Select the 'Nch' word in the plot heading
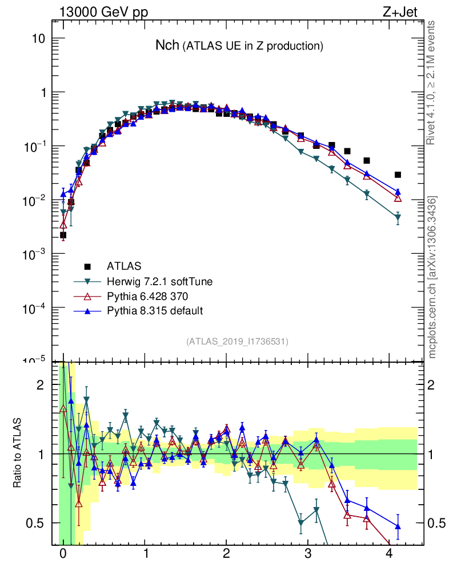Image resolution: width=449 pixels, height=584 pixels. click(x=167, y=45)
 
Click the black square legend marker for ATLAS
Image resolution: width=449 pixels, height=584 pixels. click(x=87, y=266)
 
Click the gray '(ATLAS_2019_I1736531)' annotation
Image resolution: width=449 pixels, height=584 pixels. click(x=237, y=341)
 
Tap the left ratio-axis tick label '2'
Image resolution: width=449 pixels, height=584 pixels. click(x=40, y=385)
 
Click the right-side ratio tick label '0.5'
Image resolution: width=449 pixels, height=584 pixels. click(x=437, y=523)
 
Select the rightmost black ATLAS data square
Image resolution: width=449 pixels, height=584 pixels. click(x=398, y=175)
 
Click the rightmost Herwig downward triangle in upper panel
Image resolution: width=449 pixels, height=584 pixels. click(x=398, y=217)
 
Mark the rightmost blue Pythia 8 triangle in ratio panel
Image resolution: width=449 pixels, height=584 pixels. click(x=398, y=526)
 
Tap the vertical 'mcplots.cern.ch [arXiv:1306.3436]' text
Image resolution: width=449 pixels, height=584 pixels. click(x=433, y=278)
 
